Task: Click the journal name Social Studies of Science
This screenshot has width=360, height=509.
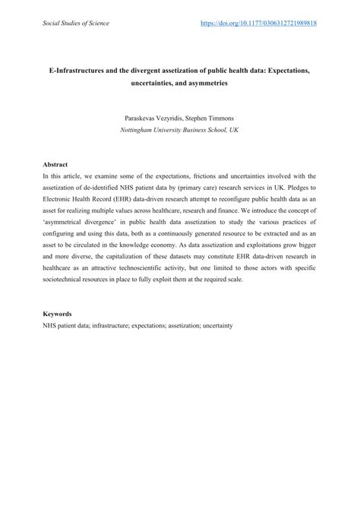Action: (x=76, y=24)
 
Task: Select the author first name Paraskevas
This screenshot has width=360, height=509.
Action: (x=139, y=118)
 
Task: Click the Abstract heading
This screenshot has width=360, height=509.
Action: (x=56, y=164)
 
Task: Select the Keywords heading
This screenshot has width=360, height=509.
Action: (x=58, y=313)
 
